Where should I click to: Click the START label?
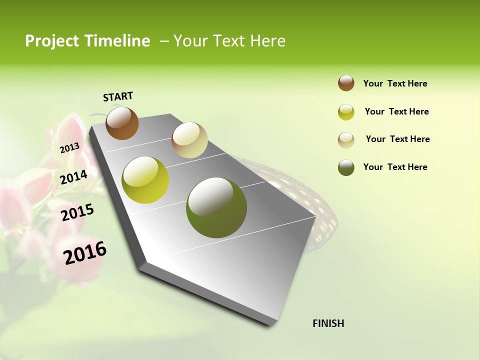coord(118,96)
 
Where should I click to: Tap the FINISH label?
coord(328,323)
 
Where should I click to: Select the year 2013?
coord(69,148)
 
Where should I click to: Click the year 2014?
coord(73,177)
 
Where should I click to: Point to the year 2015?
coord(77,212)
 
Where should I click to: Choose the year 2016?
coord(85,253)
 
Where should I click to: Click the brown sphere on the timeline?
coord(122,123)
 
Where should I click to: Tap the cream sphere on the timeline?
coord(189,140)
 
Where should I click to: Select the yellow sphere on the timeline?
coord(145,180)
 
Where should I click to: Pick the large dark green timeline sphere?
coord(216,207)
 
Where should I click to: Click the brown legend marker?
coord(346,83)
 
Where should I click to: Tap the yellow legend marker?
coord(346,112)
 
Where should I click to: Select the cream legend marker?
coord(346,140)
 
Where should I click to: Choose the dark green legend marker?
coord(346,167)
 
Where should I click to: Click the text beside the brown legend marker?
coord(395,84)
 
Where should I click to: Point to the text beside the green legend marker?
coord(395,167)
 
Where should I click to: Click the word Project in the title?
coord(52,41)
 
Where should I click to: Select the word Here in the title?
coord(267,41)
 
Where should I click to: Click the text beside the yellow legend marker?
coord(396,111)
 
